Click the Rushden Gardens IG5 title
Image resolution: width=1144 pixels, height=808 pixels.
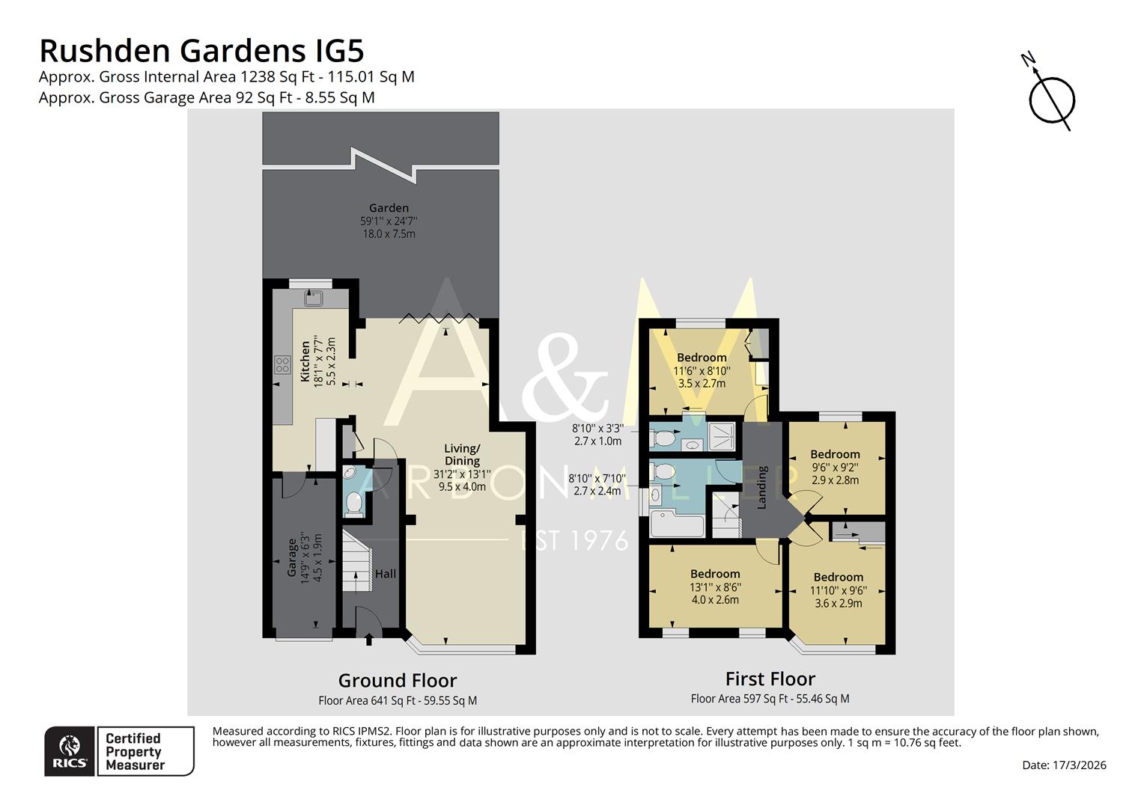(201, 51)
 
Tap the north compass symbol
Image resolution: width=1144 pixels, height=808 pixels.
(1051, 98)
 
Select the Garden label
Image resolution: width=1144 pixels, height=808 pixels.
(389, 208)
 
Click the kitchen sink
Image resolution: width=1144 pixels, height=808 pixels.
(313, 299)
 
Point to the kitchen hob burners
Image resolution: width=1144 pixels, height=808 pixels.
(282, 365)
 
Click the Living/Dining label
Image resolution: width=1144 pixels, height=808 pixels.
(462, 454)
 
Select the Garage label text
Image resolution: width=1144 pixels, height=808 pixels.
(292, 557)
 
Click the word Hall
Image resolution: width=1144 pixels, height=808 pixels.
(386, 574)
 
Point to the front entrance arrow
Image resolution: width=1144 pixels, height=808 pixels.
(368, 640)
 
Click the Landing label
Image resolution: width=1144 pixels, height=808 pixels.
(762, 488)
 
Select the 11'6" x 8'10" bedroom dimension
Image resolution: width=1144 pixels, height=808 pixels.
(702, 370)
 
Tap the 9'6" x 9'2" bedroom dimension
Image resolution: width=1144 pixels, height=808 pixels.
(835, 468)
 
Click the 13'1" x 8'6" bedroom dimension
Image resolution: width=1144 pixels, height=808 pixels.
(715, 587)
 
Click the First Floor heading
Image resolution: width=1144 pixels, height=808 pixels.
(770, 679)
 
